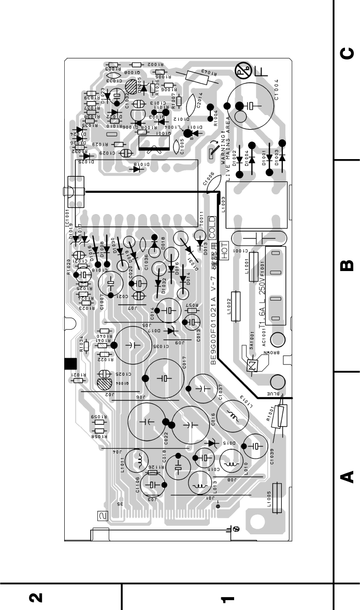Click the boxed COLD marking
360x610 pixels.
click(x=211, y=226)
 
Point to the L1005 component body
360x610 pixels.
click(x=280, y=496)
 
